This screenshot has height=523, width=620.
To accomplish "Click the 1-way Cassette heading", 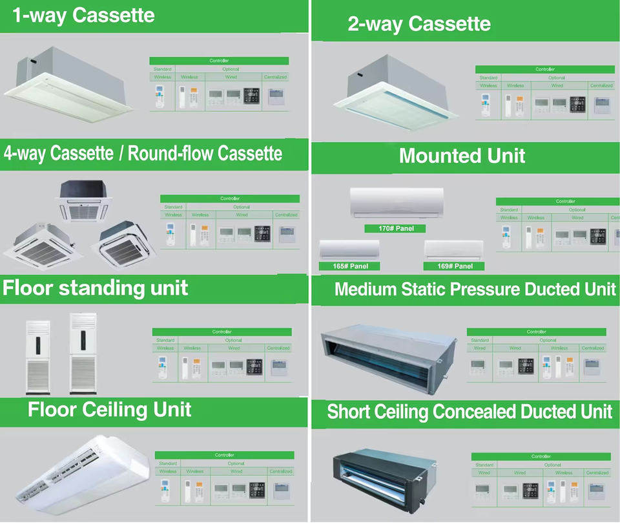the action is pyautogui.click(x=83, y=16).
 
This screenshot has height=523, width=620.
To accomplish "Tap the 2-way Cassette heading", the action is pyautogui.click(x=418, y=25).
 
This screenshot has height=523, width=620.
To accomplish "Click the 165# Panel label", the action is pyautogui.click(x=349, y=266).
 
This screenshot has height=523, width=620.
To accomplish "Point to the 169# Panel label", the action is pyautogui.click(x=453, y=266).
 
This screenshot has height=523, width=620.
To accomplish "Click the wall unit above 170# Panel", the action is pyautogui.click(x=397, y=202).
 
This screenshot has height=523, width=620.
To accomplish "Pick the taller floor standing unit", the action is pyautogui.click(x=83, y=353).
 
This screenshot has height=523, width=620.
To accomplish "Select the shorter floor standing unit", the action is pyautogui.click(x=37, y=357).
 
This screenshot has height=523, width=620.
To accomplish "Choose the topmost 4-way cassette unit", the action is pyautogui.click(x=86, y=200).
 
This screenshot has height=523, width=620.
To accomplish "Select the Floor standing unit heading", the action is pyautogui.click(x=95, y=288).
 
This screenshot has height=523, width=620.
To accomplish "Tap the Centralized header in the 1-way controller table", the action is pyautogui.click(x=275, y=77).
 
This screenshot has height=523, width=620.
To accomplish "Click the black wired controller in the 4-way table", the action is pyautogui.click(x=262, y=233).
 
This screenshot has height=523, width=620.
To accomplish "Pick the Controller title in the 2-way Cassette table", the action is pyautogui.click(x=545, y=69).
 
